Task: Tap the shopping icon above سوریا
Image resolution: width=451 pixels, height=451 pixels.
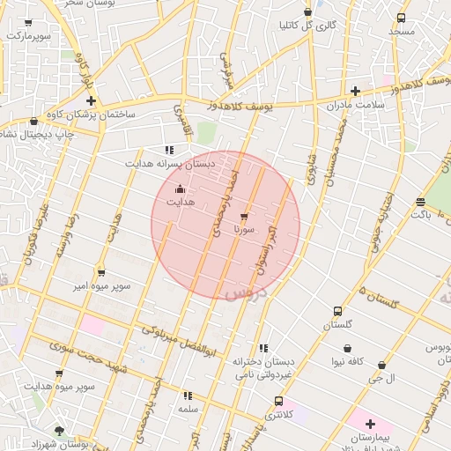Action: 244,215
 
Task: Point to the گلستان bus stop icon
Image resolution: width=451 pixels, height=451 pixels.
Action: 337,311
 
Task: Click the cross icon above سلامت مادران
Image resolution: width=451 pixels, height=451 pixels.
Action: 355,91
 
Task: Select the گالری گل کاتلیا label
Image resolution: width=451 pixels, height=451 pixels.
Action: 307,26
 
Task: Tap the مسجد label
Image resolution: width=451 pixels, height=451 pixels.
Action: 402,31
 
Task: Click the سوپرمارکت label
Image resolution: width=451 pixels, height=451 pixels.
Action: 29,36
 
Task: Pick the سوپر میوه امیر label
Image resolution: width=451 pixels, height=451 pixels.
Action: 102,287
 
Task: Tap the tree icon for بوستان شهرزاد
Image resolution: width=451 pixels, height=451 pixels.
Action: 59,430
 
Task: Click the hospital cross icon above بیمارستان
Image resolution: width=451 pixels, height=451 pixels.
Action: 369,423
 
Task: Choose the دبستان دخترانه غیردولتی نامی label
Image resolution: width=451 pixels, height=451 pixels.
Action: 262,368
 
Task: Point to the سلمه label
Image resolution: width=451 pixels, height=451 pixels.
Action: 188,410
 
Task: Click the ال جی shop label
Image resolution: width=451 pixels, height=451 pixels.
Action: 381,378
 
